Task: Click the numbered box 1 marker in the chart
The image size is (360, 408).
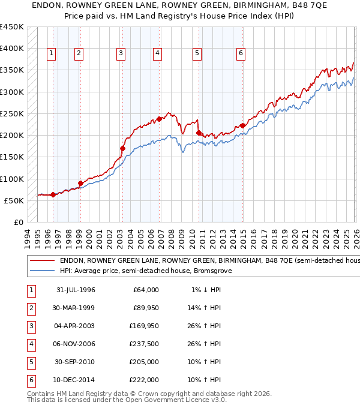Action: pyautogui.click(x=51, y=53)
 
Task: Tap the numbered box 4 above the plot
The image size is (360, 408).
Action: pyautogui.click(x=157, y=53)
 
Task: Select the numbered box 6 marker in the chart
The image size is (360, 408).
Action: pyautogui.click(x=241, y=53)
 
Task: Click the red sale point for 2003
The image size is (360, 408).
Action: pyautogui.click(x=122, y=148)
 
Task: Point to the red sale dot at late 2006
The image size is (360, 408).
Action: pyautogui.click(x=159, y=119)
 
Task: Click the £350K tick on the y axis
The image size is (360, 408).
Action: pyautogui.click(x=12, y=70)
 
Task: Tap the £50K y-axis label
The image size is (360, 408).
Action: pyautogui.click(x=14, y=200)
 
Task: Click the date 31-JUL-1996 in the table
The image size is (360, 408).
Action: pyautogui.click(x=75, y=290)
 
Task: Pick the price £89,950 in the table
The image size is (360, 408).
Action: pyautogui.click(x=145, y=308)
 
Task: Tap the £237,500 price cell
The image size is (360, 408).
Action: pyautogui.click(x=145, y=344)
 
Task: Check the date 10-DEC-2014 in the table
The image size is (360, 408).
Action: pyautogui.click(x=75, y=380)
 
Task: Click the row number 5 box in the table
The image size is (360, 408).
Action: pyautogui.click(x=30, y=362)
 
